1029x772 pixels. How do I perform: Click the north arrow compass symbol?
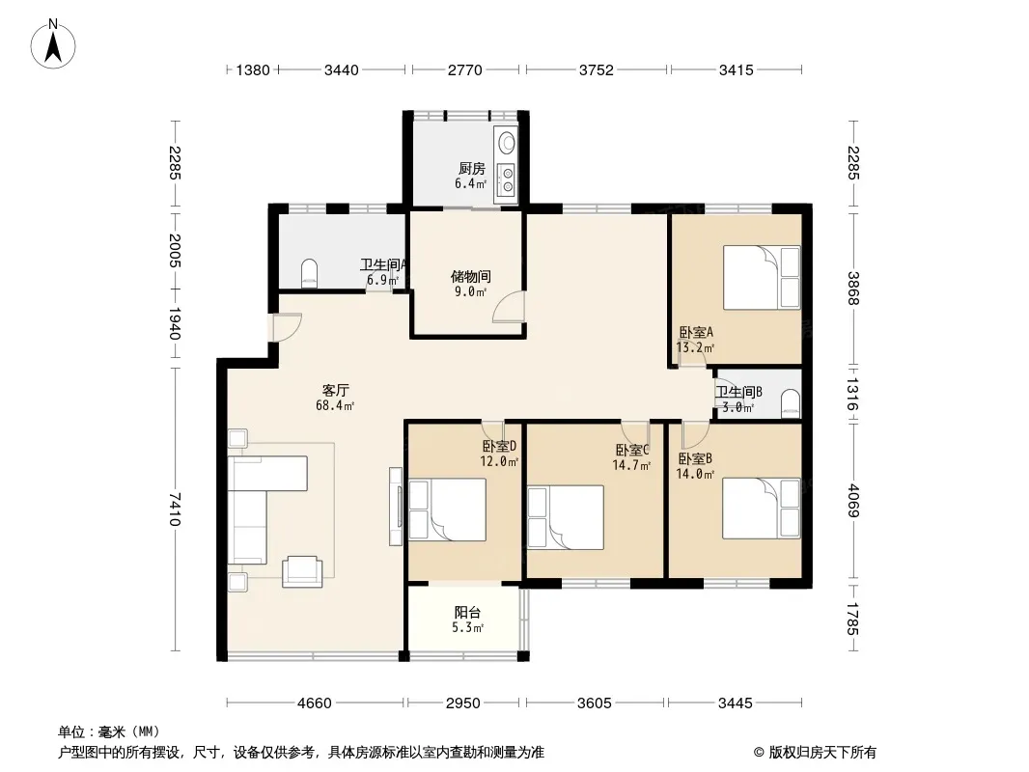click(53, 44)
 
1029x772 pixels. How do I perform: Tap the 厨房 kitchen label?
click(472, 169)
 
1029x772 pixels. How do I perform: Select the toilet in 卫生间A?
click(309, 273)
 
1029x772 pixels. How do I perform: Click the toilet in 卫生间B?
click(791, 404)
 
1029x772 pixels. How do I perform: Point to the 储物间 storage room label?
click(470, 277)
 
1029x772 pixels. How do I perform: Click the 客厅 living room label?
click(335, 391)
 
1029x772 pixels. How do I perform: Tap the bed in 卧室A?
click(762, 278)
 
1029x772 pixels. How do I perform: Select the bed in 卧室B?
click(762, 509)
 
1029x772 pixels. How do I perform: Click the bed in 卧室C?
click(566, 517)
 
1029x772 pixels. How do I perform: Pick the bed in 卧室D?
click(448, 510)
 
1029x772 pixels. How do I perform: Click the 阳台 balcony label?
click(467, 613)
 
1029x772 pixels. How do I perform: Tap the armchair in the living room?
click(302, 571)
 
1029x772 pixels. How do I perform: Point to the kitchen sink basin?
click(507, 142)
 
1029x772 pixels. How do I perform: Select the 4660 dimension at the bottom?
click(315, 703)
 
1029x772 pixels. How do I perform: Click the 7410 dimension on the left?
click(174, 509)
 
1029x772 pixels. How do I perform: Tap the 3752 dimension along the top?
click(596, 69)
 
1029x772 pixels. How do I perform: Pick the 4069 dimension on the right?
click(852, 501)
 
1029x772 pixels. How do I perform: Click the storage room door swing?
click(510, 306)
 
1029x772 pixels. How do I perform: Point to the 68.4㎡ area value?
click(335, 406)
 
